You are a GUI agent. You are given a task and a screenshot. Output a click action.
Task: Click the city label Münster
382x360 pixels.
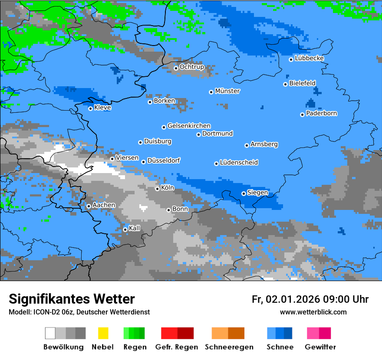[x=227, y=91]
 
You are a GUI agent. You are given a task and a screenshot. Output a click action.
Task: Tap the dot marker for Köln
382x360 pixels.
[x=157, y=189]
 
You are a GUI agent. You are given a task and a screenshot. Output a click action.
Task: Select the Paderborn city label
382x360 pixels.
[x=322, y=113]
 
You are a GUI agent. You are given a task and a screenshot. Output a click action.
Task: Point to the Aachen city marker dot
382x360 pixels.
[x=89, y=206]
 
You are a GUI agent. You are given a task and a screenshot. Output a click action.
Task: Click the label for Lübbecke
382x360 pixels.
[x=310, y=58]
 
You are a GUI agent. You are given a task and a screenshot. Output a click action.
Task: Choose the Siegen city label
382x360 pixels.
[x=258, y=193]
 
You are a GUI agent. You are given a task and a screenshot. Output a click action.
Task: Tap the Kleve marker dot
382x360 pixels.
[x=90, y=108]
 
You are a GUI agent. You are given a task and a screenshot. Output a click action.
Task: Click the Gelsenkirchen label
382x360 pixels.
[x=189, y=126]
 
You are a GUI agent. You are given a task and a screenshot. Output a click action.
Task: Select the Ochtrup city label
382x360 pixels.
[x=192, y=67]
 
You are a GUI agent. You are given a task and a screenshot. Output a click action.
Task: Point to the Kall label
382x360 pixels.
[x=135, y=228]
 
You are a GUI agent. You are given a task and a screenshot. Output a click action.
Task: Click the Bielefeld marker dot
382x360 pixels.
[x=286, y=84]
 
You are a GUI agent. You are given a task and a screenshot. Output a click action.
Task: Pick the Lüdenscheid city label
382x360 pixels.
[x=239, y=162]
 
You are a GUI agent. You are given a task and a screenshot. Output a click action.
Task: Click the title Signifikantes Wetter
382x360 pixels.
[x=72, y=299]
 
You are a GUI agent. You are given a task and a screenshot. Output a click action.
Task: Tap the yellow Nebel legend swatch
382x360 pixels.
[x=103, y=333]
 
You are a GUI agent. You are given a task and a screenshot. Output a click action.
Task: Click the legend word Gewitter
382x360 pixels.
[x=320, y=347]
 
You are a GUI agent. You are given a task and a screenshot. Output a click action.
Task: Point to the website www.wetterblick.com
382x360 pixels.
[x=313, y=312]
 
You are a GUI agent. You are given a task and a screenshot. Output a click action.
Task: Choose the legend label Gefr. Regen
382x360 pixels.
[x=176, y=347]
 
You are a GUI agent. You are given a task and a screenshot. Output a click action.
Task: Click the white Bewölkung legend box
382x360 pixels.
[x=50, y=333]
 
